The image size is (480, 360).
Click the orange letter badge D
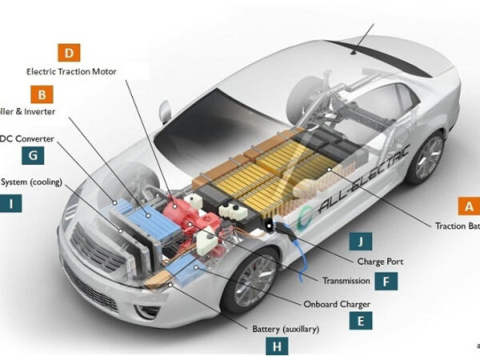[70, 54]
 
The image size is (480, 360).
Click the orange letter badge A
[468, 206]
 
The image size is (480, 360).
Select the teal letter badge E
[361, 320]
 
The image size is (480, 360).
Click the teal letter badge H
[277, 346]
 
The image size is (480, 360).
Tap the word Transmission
[346, 281]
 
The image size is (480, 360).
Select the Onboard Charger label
[337, 304]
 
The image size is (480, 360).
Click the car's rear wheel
[426, 157]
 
